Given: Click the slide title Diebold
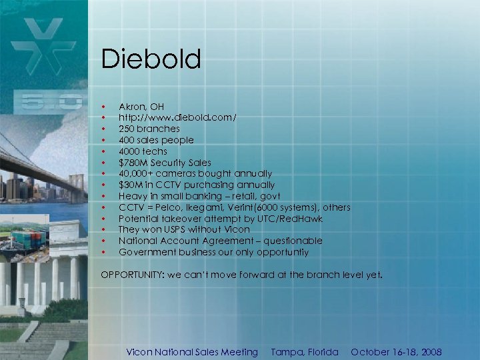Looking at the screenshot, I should tap(151, 59).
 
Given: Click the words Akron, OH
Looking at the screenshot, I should tap(141, 107).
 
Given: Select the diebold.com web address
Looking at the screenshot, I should tap(177, 117).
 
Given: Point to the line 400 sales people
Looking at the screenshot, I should tap(156, 140).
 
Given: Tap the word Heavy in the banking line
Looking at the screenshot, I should tap(132, 196).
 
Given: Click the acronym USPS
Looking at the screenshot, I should tap(175, 229).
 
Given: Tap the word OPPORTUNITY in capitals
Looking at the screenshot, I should tap(133, 274).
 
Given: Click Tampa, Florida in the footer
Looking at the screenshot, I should tap(305, 352).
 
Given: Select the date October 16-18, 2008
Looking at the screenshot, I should tap(396, 352).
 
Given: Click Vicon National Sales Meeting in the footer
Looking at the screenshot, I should tap(192, 352).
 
